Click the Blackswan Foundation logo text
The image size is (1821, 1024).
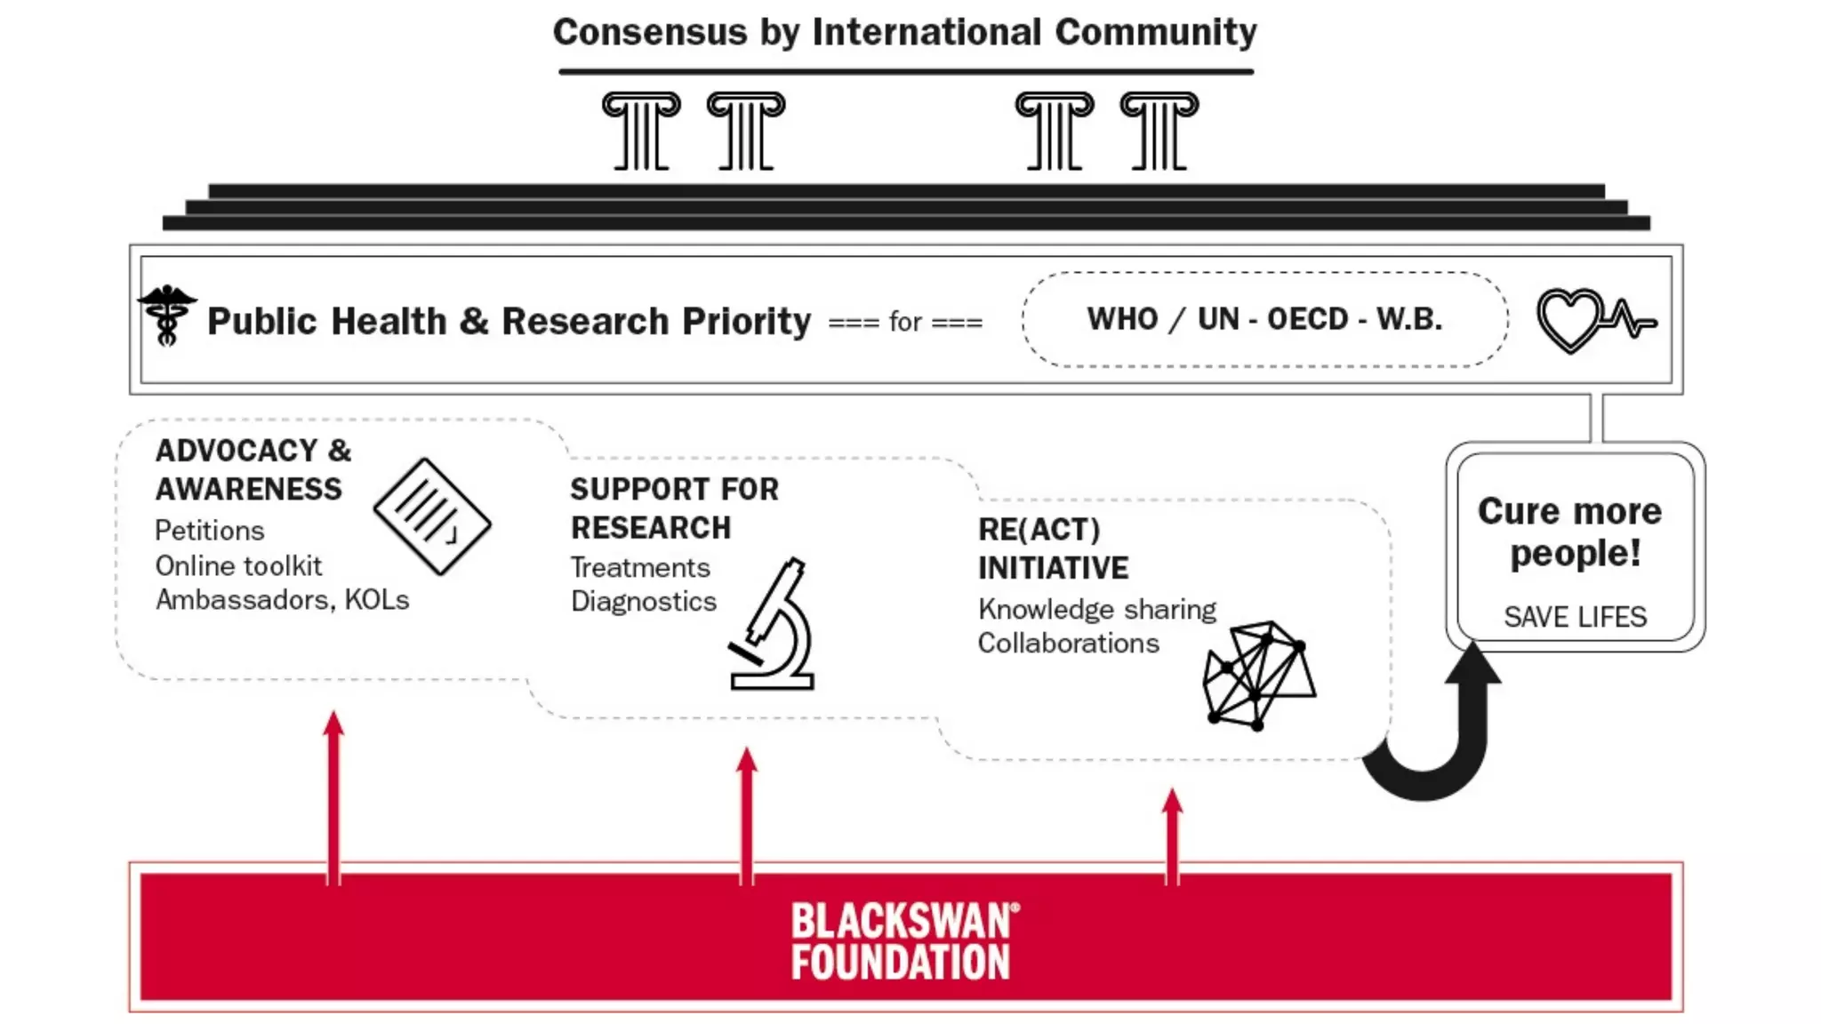pos(904,942)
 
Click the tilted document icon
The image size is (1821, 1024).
pos(432,516)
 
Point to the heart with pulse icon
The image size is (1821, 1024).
pos(1594,320)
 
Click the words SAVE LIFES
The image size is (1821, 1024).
pos(1575,617)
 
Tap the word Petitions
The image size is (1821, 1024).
pos(210,531)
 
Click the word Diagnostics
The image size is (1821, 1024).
pos(644,602)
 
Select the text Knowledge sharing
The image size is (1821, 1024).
pos(1097,610)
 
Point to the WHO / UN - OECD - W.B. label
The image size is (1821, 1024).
pos(1264,319)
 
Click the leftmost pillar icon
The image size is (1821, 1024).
pos(641,131)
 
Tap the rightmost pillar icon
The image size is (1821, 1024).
pos(1159,131)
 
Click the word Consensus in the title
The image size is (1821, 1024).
pos(650,33)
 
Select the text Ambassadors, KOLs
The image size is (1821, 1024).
pos(282,600)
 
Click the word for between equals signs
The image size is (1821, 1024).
pos(905,322)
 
